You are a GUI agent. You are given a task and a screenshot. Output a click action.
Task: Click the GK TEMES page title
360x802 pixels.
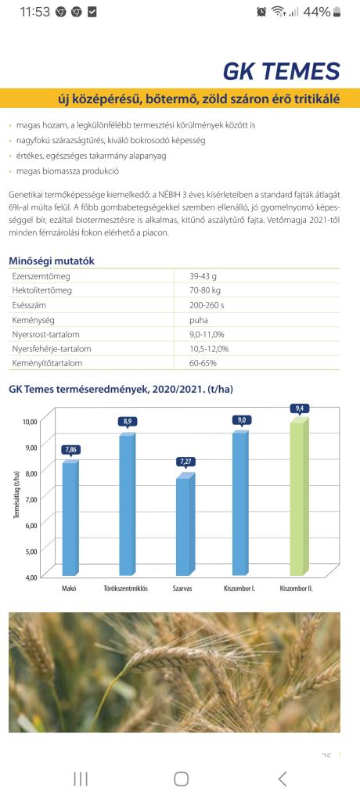point(281,71)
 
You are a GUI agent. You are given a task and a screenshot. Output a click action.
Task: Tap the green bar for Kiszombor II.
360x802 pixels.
point(299,495)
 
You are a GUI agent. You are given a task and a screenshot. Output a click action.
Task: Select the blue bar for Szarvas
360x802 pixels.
point(185,523)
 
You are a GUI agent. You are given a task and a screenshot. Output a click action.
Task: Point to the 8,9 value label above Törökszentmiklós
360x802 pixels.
point(128,422)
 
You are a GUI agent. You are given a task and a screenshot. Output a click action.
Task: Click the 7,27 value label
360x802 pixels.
point(185,462)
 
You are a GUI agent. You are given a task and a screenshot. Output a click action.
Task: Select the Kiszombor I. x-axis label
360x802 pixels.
point(239,588)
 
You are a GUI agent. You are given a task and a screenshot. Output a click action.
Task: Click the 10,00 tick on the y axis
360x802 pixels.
point(30,421)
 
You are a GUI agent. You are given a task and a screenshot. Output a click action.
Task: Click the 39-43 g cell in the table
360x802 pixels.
point(203,276)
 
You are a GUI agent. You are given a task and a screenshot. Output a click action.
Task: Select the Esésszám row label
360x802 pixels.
point(29,305)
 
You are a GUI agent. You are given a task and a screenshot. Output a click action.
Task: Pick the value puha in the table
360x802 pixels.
point(199,321)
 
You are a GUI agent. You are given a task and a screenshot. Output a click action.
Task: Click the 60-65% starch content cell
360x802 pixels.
point(203,364)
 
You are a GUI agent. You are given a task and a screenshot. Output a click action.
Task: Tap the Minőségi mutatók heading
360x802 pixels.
point(52,261)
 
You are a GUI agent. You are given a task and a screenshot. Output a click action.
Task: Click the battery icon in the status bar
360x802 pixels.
point(337,12)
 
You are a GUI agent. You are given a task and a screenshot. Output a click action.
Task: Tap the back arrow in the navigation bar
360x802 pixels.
point(283,779)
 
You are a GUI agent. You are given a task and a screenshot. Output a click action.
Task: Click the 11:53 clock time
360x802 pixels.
point(35,12)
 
